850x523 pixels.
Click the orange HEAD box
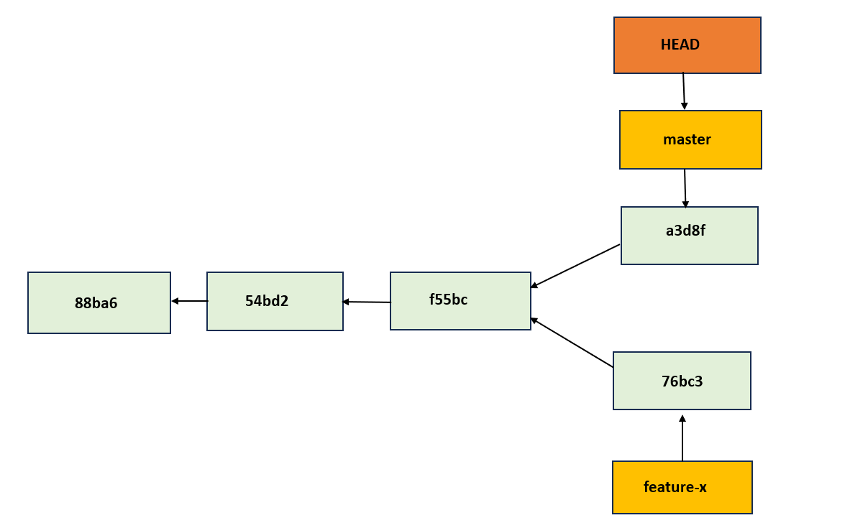[687, 45]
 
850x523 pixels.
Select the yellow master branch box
[690, 139]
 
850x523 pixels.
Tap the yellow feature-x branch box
[682, 487]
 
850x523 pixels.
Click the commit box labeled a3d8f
[689, 236]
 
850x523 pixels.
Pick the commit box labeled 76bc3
[682, 381]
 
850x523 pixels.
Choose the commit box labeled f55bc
[460, 301]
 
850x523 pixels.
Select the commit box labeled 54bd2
[275, 301]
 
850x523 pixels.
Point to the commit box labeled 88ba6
[99, 302]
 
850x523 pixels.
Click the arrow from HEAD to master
[684, 91]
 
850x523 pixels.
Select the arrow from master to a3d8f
[685, 188]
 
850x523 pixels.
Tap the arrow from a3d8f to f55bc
[575, 266]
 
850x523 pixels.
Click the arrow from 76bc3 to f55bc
[572, 343]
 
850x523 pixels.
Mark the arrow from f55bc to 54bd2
[367, 302]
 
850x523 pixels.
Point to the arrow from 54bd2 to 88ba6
[189, 301]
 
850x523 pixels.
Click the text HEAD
[680, 45]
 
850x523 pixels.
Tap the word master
[687, 139]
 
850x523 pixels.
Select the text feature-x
[675, 487]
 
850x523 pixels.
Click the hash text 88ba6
[96, 303]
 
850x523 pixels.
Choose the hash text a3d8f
[685, 231]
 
